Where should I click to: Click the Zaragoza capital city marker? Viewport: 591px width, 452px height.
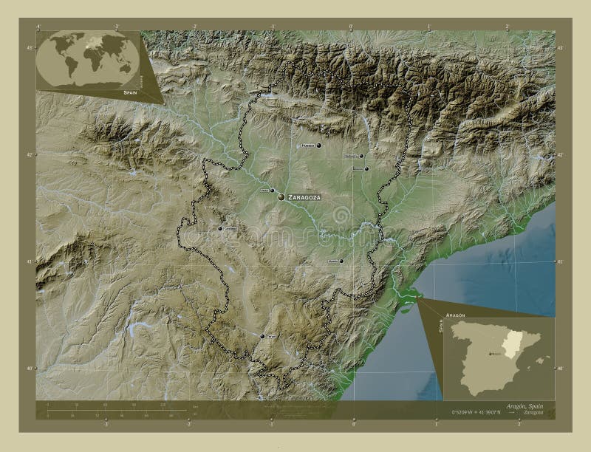281,197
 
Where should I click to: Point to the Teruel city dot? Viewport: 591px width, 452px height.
262,336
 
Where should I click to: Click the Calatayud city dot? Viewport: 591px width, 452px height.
220,229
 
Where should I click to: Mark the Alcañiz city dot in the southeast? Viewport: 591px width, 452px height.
341,261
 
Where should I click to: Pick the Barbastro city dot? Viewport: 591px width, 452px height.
361,156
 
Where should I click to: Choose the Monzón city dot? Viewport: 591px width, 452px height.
366,168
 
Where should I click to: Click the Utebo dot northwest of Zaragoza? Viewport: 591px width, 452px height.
272,190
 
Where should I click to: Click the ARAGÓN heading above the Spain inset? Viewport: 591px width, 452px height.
456,315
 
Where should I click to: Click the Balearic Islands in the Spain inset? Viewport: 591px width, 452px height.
544,360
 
